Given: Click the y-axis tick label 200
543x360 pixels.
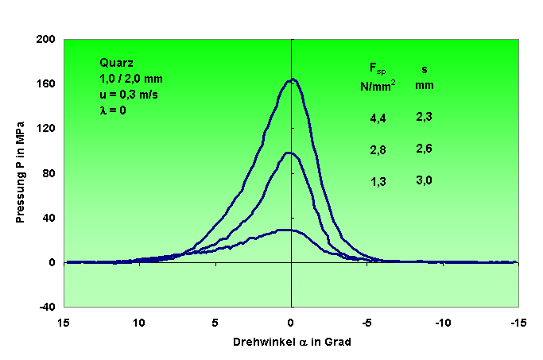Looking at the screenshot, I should pos(45,39).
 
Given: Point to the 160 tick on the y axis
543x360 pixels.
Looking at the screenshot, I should pos(45,83).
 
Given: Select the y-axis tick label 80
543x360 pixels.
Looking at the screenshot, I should pos(47,172).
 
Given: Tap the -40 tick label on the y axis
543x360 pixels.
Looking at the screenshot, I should pos(45,307).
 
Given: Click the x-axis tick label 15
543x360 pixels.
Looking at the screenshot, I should pos(64,323).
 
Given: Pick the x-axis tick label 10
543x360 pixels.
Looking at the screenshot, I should pos(139,323).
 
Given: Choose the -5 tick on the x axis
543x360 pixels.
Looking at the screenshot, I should pos(367,323).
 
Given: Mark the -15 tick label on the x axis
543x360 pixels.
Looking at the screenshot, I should pos(518,323).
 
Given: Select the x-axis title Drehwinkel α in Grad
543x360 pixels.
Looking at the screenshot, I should pos(292,342).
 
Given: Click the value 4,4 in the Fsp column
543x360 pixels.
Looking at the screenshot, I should pos(378,118).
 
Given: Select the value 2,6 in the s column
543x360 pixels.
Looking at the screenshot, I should pos(424,149).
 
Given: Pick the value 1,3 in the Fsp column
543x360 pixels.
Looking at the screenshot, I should pos(378,182).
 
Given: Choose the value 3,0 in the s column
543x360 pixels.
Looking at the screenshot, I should pos(424,180).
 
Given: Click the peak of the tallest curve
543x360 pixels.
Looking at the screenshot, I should pos(292,79).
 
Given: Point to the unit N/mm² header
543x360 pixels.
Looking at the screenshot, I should pos(379,84).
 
